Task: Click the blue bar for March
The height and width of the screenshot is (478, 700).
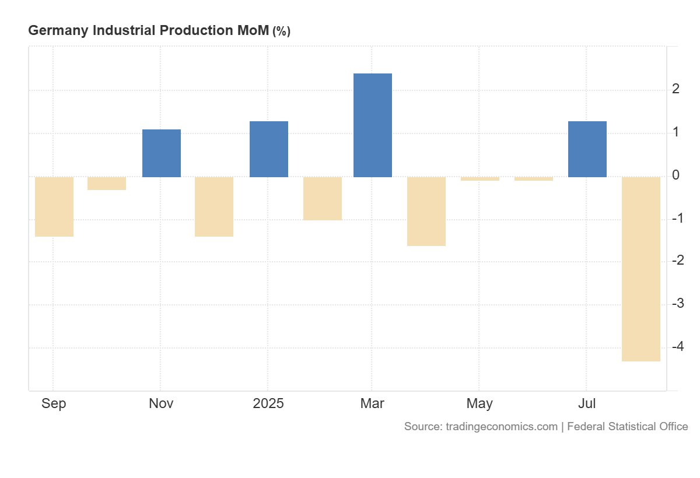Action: (x=372, y=125)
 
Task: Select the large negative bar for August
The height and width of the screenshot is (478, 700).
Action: (x=640, y=269)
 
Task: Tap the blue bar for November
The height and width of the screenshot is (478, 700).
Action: (x=162, y=153)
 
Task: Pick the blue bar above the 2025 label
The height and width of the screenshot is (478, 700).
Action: (x=268, y=149)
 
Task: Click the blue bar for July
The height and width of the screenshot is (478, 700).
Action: (x=587, y=149)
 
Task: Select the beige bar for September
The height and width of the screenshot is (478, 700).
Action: (x=54, y=206)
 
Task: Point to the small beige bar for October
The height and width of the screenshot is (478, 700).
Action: (x=107, y=183)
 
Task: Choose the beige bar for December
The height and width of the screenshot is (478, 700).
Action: (x=214, y=206)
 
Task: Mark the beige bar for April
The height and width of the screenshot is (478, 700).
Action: (x=426, y=211)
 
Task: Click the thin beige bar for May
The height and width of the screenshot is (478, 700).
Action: (x=480, y=178)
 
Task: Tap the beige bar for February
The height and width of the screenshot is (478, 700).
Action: (x=322, y=198)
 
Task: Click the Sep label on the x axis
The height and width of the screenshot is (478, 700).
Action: (x=54, y=403)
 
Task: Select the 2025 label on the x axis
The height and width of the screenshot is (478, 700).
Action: (x=268, y=403)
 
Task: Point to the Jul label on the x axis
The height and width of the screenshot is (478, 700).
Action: (x=587, y=403)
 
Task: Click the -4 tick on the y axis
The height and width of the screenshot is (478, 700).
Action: (x=677, y=347)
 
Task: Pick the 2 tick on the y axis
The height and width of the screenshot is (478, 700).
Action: (x=675, y=89)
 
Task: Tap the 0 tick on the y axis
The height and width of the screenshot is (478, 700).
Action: (x=675, y=175)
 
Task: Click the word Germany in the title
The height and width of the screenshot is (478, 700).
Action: (x=58, y=31)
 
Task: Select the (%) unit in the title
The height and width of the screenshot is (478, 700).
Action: (x=281, y=31)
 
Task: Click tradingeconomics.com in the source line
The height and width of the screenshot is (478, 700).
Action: (x=501, y=426)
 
